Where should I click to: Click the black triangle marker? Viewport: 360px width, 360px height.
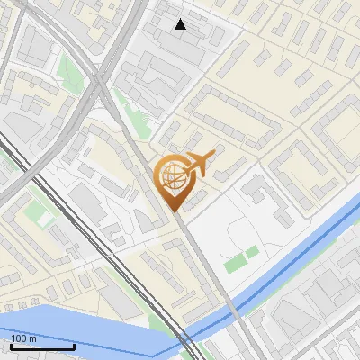[x=181, y=24]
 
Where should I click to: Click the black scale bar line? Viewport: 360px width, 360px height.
[x=42, y=346]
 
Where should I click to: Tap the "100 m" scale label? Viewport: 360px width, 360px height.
[x=24, y=338]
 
